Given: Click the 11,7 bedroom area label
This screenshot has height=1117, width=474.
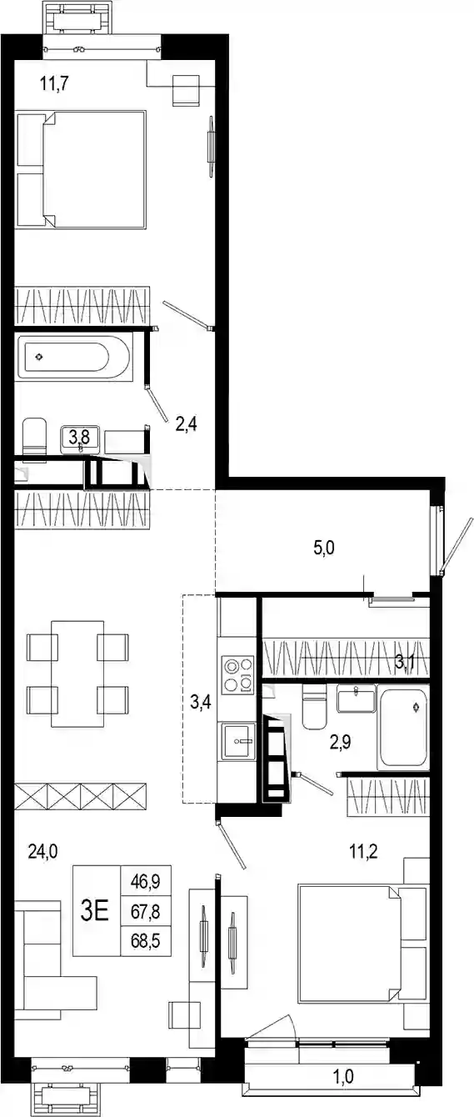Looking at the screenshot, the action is (54, 83).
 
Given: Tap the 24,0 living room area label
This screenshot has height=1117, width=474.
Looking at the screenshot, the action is (42, 851).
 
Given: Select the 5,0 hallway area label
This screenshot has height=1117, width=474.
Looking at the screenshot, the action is (324, 548).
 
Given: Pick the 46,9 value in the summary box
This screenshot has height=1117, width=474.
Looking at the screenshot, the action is (145, 882).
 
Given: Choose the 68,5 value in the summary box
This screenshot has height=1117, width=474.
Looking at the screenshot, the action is (145, 941).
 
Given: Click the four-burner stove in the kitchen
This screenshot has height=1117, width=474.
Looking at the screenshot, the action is (237, 674).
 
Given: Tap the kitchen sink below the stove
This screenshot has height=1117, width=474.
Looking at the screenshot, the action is (238, 740).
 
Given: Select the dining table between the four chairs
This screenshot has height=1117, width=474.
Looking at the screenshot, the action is (77, 674).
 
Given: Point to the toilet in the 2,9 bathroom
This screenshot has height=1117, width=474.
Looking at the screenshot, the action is (314, 706).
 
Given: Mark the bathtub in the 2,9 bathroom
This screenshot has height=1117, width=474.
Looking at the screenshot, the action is (403, 728).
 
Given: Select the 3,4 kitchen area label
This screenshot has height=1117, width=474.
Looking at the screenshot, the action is (201, 703).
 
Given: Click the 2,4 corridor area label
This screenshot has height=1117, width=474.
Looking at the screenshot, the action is (186, 424).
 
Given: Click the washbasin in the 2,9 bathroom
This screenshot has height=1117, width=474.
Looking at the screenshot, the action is (356, 699).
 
